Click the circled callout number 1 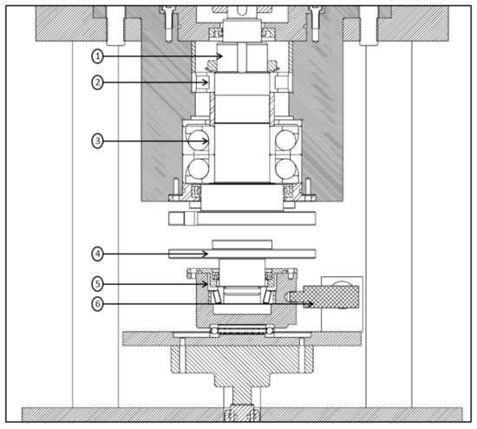[x=97, y=56]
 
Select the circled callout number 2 [x=97, y=82]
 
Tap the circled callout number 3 [x=97, y=141]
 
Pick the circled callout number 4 [x=97, y=254]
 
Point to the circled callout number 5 [x=97, y=284]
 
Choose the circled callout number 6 [x=97, y=304]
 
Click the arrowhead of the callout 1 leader [x=220, y=56]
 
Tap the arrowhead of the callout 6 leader [x=310, y=304]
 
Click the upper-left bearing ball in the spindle [x=198, y=140]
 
